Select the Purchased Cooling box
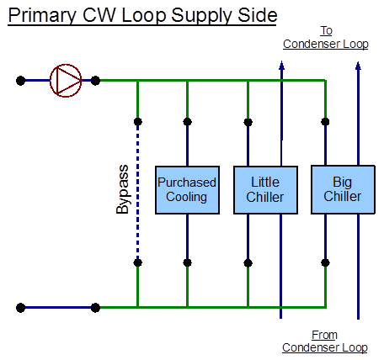187,190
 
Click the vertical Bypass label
123,189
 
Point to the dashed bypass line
137,192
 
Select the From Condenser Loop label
325,341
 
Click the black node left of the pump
20,81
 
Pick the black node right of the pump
95,81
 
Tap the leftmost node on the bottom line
20,307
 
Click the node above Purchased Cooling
187,121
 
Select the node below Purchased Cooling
187,262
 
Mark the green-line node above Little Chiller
248,121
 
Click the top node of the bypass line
137,121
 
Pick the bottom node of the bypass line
137,262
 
